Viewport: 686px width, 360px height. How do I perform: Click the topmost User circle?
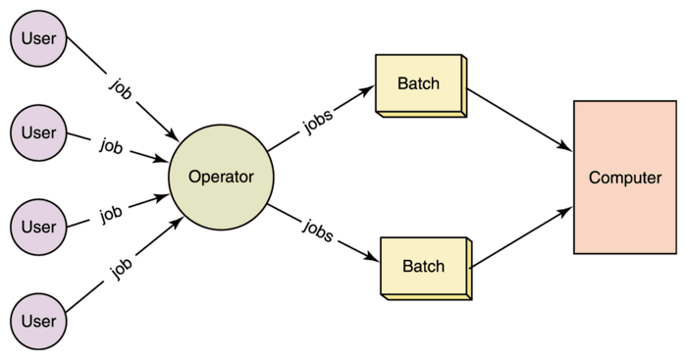coord(38,40)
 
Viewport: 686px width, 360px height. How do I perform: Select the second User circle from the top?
coord(38,132)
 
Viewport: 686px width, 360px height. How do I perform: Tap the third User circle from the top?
coord(38,227)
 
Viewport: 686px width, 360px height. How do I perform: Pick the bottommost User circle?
coord(38,321)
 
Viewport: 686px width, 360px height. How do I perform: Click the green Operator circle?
coord(221,178)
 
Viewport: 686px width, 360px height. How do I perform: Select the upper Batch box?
coord(419,84)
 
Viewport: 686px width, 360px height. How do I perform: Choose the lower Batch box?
coord(423,266)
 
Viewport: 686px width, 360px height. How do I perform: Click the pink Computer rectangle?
coord(624,178)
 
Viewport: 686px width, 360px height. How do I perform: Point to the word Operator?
coord(221,178)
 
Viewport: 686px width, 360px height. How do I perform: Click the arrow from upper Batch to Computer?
coord(520,121)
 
